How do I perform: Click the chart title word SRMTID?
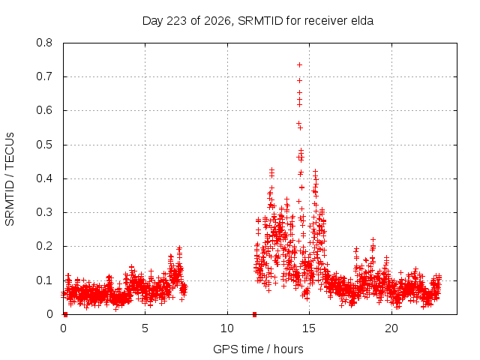(x=260, y=21)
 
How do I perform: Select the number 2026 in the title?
(x=217, y=21)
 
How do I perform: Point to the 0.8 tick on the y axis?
(x=44, y=43)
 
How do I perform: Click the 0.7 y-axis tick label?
(x=44, y=76)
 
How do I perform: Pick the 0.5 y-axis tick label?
(x=44, y=145)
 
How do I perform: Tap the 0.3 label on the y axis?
(x=44, y=212)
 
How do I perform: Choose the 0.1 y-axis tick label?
(x=44, y=280)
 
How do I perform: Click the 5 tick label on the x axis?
(x=145, y=328)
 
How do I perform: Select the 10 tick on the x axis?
(x=227, y=328)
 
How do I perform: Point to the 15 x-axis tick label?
(x=309, y=328)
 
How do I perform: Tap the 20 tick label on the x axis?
(x=391, y=328)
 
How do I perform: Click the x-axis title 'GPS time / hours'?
(x=258, y=349)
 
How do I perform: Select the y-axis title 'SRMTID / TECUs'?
(x=10, y=179)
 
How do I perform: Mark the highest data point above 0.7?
(x=300, y=65)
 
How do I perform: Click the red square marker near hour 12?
(x=254, y=314)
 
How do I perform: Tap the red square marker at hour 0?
(x=65, y=314)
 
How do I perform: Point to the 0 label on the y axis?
(x=49, y=314)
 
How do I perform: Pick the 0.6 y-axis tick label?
(x=44, y=110)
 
